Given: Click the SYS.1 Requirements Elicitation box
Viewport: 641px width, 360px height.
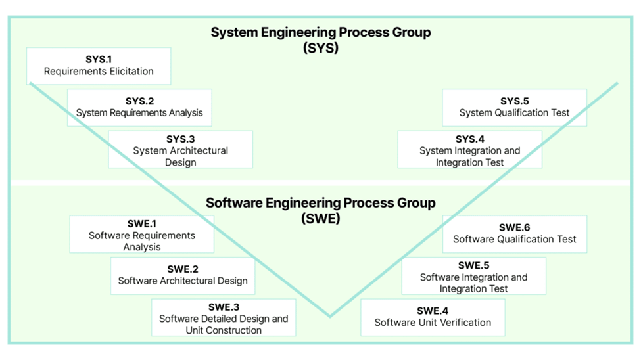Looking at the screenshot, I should click(99, 66).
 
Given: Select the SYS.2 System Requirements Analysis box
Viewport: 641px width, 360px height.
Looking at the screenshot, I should click(139, 107).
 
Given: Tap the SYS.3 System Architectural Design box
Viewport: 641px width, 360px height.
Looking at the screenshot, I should click(180, 150).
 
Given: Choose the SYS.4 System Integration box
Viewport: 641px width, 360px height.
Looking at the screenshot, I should click(469, 150).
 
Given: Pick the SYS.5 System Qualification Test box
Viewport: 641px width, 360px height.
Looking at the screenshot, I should click(514, 107).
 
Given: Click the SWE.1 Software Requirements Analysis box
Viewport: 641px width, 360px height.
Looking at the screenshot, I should click(142, 235).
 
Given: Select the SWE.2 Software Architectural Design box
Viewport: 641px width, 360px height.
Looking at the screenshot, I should click(183, 275).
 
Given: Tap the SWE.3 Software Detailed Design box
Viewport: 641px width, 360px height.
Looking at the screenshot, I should click(224, 318).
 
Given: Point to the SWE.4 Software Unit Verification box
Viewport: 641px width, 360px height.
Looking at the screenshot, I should click(433, 317).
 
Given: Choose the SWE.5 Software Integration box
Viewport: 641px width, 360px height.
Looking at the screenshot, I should click(473, 276).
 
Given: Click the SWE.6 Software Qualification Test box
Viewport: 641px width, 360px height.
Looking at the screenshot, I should click(514, 234).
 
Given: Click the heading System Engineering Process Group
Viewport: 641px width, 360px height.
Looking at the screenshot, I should click(320, 33).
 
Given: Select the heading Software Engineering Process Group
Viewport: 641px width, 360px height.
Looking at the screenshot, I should click(320, 203).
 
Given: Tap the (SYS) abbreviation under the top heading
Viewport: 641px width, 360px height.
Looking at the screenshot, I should click(320, 48).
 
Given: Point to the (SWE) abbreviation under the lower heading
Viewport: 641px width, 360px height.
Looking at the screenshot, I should click(320, 218).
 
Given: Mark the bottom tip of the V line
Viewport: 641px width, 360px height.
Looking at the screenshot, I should click(330, 316).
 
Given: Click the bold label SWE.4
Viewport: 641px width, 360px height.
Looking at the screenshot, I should click(433, 311).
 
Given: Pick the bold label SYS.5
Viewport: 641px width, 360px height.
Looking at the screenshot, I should click(514, 101).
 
